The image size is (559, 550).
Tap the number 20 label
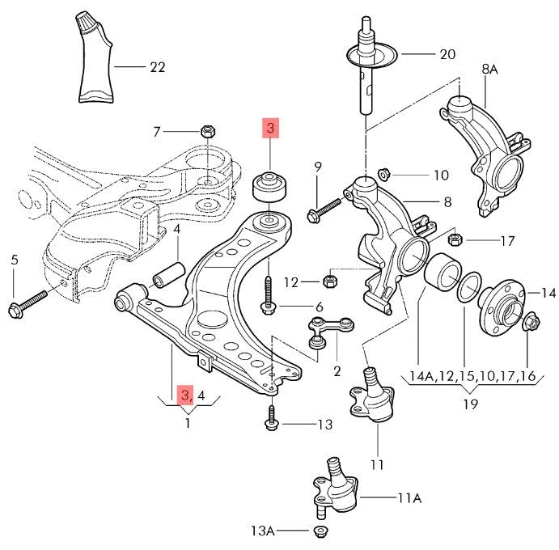point(447,55)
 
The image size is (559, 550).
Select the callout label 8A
point(489,70)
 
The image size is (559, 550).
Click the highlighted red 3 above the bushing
point(269,129)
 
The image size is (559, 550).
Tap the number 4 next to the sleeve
point(176,230)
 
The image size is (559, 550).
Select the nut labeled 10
point(386,173)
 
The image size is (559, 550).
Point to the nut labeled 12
point(329,281)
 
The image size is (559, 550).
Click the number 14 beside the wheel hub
point(548,293)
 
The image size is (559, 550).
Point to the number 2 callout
point(337,371)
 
